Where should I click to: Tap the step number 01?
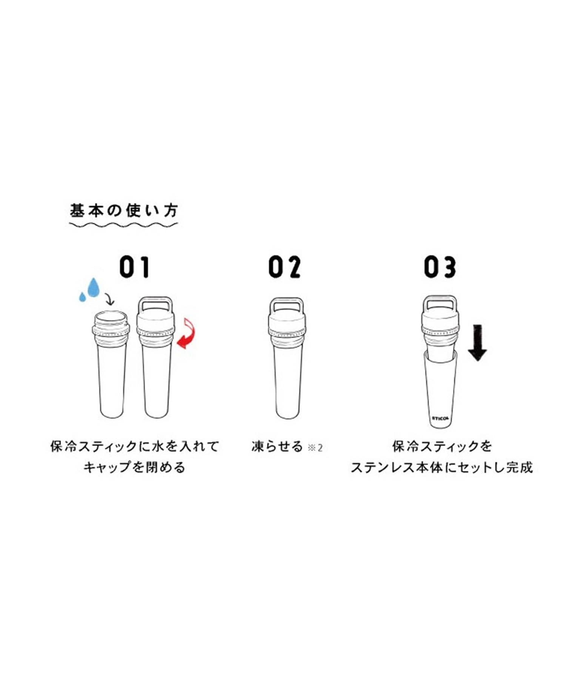point(135,267)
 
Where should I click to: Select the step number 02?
point(285,267)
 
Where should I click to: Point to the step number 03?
point(440,267)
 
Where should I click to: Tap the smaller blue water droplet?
point(82,297)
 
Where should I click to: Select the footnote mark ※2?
point(315,448)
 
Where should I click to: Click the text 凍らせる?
point(277,447)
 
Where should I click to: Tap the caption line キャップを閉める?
point(135,468)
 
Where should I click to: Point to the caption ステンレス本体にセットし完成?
point(442,468)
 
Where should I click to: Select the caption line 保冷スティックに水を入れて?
point(135,447)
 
